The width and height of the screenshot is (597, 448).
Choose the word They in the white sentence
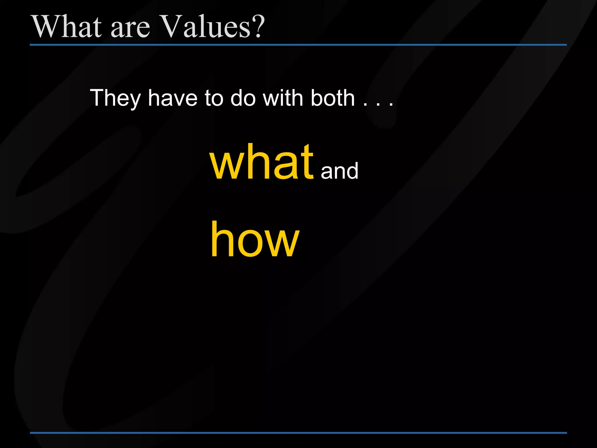click(115, 99)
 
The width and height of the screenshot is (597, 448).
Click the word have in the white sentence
click(173, 98)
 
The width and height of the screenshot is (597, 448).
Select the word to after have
click(214, 98)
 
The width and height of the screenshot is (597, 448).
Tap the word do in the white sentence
click(243, 98)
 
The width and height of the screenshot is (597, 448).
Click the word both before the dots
click(333, 98)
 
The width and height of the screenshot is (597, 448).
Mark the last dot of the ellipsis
click(391, 104)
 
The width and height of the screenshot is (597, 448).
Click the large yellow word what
click(261, 162)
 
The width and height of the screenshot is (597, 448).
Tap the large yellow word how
click(255, 240)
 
